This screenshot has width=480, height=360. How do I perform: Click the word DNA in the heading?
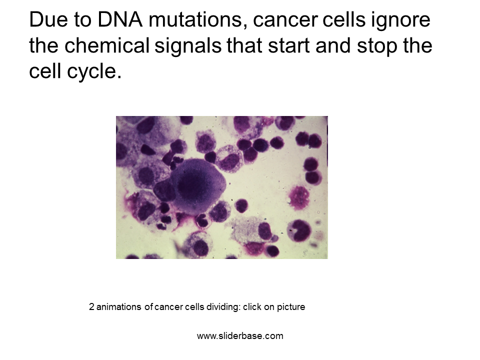click(x=119, y=19)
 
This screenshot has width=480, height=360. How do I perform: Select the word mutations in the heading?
click(x=198, y=20)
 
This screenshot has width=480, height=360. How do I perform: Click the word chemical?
click(x=107, y=45)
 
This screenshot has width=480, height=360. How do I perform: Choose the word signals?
click(x=187, y=46)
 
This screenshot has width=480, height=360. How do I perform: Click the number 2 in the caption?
click(x=91, y=306)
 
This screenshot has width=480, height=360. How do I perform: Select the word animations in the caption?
click(x=119, y=306)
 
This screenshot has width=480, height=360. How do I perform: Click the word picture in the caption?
click(x=291, y=307)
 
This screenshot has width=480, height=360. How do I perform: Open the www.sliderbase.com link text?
click(x=240, y=336)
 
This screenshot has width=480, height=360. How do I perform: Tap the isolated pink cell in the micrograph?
click(x=299, y=197)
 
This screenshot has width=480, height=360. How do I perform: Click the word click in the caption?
click(x=252, y=306)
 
